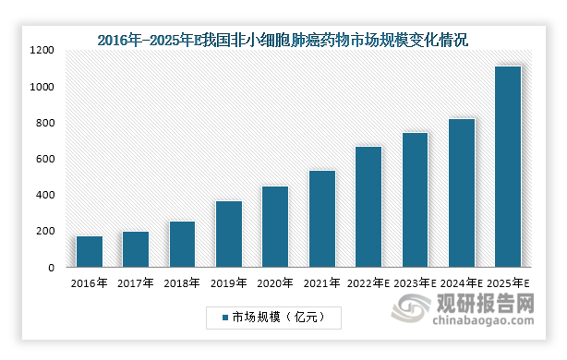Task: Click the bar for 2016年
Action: (90, 251)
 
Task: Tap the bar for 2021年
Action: (322, 219)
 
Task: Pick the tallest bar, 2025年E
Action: (508, 166)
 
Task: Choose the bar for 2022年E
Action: (368, 207)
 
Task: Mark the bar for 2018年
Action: (183, 244)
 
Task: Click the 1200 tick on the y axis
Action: (43, 50)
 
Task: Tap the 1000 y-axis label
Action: (43, 87)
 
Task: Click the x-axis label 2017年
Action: (136, 282)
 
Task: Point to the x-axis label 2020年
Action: (275, 282)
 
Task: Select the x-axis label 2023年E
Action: (415, 282)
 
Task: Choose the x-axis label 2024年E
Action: (462, 282)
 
